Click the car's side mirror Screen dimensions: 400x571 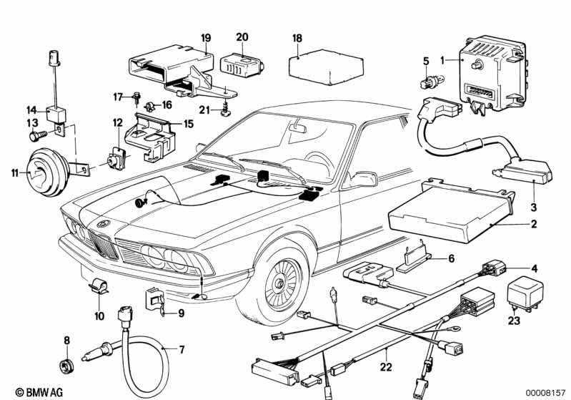[x=364, y=178]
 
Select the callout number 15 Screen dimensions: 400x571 [x=189, y=124]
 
